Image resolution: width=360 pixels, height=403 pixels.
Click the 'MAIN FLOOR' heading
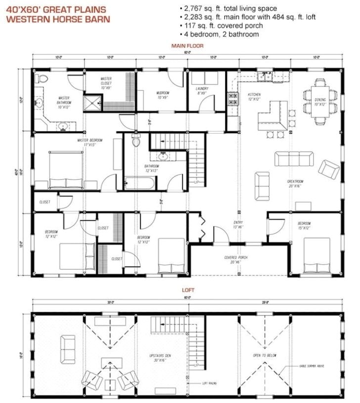pos(184,46)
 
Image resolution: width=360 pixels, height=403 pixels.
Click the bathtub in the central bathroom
pos(140,182)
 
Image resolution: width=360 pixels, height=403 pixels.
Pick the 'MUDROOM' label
pos(163,94)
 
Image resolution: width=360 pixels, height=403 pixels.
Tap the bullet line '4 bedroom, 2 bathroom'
pos(221,34)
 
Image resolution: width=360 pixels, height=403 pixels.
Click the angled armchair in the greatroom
pos(328,169)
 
